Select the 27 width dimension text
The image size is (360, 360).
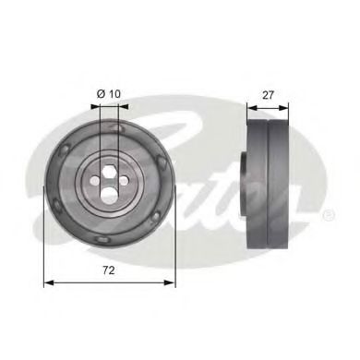tap(268, 93)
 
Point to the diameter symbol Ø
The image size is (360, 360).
tap(100, 93)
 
